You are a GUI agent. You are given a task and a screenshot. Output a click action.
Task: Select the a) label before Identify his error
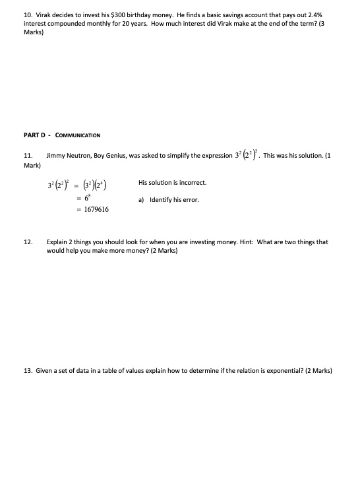coord(142,199)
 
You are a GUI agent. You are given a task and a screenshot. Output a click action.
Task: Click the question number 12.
coord(28,242)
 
